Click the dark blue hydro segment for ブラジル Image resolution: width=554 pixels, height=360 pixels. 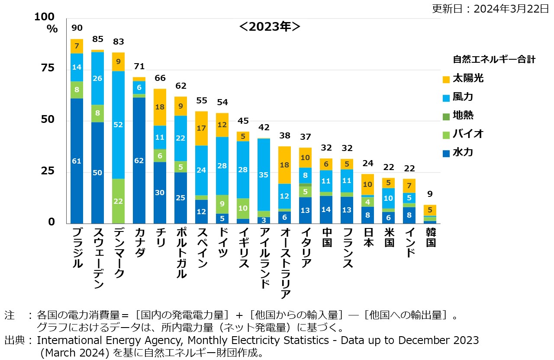point(77,161)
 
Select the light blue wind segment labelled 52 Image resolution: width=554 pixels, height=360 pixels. point(119,125)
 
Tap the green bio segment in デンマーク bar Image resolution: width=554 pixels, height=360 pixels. point(119,201)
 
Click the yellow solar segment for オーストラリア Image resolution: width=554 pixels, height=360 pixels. point(284,165)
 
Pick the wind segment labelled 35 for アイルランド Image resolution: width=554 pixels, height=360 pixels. point(264,175)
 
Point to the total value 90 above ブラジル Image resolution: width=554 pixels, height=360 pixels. point(77,28)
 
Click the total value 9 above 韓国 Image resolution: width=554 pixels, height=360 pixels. point(430,194)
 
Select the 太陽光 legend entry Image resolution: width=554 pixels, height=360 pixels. point(463,79)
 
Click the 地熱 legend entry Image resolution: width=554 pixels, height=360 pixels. point(463,116)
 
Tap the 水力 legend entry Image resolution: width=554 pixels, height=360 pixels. point(463,152)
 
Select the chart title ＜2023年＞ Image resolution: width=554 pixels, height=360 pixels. point(270,26)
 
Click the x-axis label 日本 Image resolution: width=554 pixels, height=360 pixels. point(368,237)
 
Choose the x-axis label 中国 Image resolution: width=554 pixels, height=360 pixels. point(326,237)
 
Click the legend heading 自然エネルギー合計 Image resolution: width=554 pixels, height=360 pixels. point(494,59)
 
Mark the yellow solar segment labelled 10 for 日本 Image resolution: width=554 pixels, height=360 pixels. point(367,184)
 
